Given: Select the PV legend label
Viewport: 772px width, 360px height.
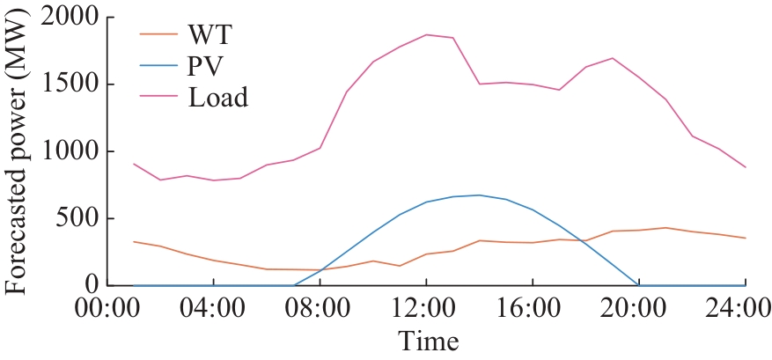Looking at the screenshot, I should click(206, 67).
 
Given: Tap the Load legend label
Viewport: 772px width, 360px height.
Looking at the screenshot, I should click(217, 98).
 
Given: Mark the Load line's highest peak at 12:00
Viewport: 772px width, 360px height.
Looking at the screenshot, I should click(427, 34).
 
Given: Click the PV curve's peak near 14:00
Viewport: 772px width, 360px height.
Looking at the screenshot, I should click(480, 195).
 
